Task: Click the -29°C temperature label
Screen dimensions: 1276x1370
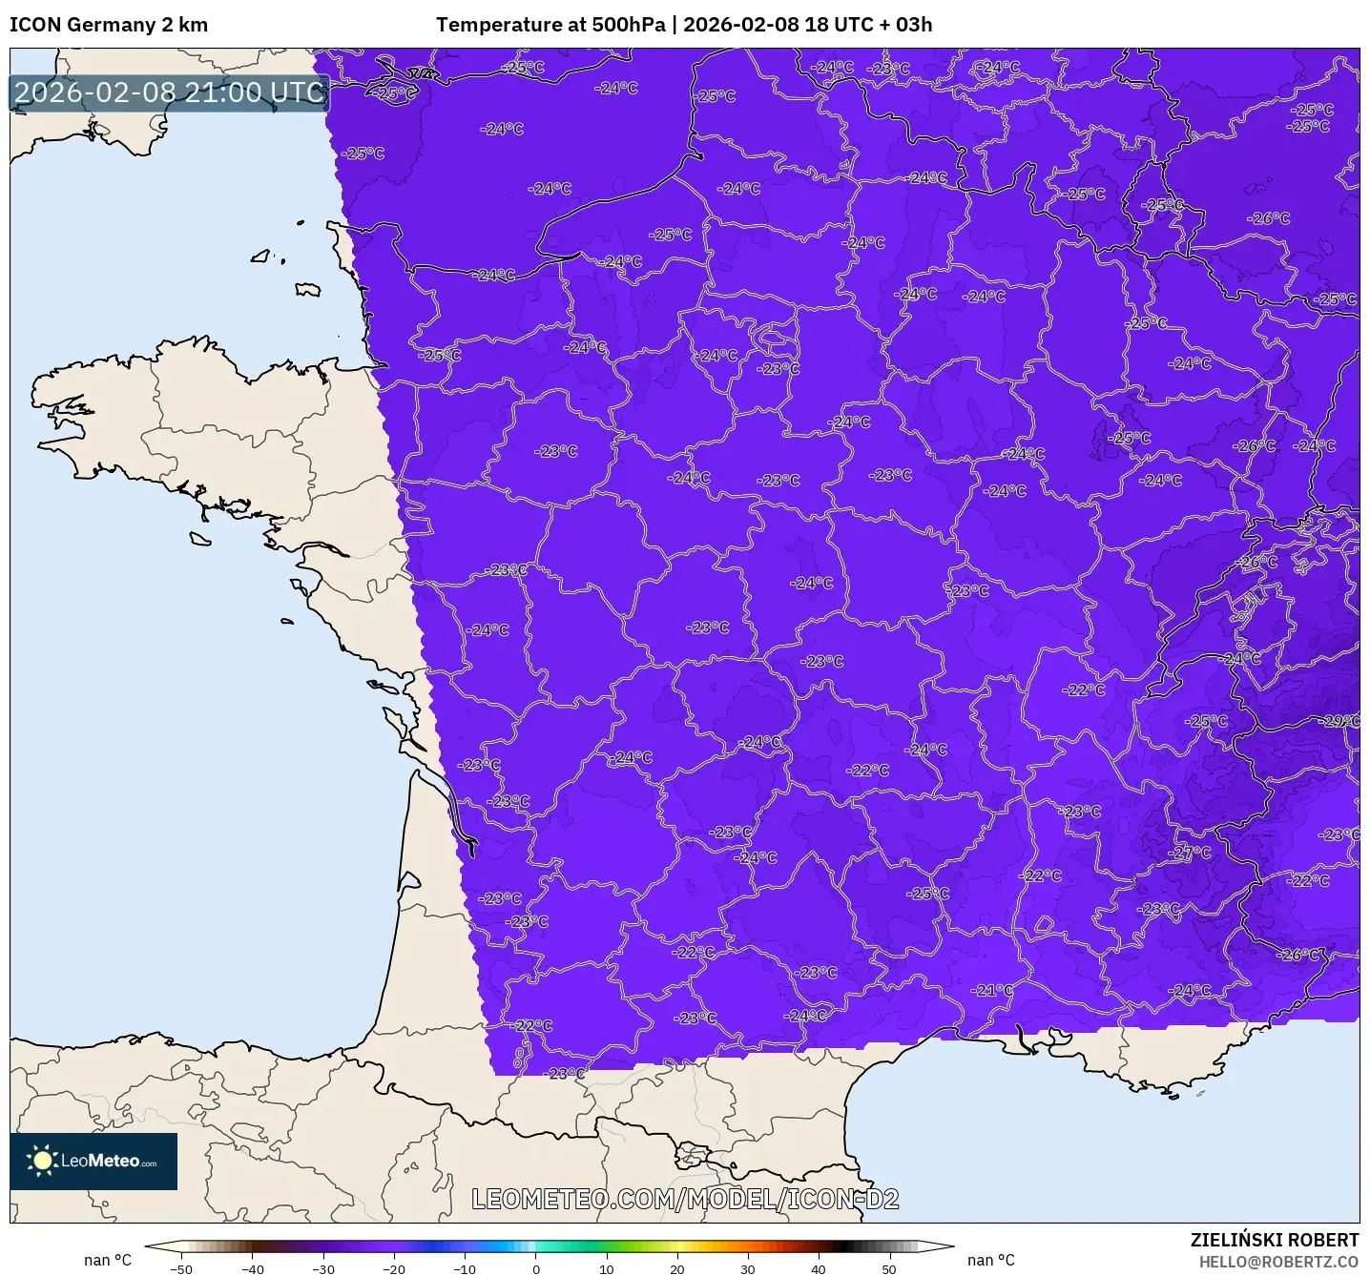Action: (1341, 721)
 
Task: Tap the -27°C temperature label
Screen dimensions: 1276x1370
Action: (1193, 853)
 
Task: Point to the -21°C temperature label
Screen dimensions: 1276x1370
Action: (993, 990)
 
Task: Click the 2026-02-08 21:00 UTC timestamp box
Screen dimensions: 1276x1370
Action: (170, 93)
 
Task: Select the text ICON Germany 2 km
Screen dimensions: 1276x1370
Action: (109, 25)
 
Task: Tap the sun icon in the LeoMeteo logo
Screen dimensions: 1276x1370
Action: (42, 1161)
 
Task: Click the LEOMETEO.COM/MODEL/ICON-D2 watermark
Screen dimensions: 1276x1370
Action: (685, 1199)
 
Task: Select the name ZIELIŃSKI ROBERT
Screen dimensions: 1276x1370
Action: (1275, 1240)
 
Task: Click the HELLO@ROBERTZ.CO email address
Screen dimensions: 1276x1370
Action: (1278, 1262)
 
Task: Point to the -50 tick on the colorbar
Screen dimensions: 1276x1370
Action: (181, 1268)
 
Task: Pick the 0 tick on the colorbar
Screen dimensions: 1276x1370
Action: (536, 1268)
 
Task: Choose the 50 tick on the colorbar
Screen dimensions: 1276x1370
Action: (889, 1268)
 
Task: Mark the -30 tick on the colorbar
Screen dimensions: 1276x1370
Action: (323, 1268)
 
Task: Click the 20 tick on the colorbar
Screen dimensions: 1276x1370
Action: (677, 1268)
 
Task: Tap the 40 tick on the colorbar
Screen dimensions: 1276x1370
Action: (819, 1268)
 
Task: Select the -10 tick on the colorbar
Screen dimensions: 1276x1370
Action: (465, 1268)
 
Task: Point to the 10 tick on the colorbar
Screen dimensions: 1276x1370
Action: (607, 1268)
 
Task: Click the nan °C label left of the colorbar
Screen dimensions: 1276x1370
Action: (108, 1261)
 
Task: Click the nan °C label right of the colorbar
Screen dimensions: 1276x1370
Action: (991, 1261)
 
